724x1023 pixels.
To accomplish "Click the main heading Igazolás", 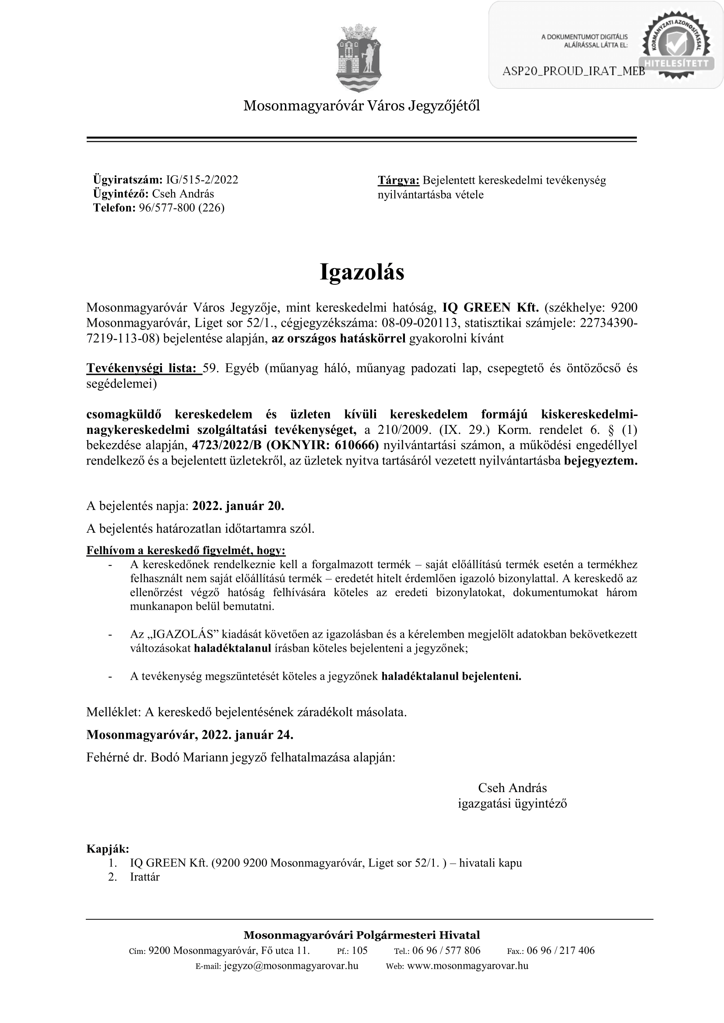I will point(362,272).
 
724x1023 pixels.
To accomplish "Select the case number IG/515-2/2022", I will point(202,180).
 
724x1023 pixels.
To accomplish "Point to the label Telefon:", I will point(114,208).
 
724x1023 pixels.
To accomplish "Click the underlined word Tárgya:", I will point(399,181).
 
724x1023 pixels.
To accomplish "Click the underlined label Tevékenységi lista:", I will point(144,368).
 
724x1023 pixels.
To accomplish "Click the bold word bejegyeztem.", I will point(601,461).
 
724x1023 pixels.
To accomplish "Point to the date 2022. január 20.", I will point(238,506).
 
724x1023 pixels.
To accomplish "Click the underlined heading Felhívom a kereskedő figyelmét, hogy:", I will point(186,551).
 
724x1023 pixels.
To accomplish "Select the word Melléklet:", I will point(114,712).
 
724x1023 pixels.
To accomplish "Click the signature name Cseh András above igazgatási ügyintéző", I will point(512,788).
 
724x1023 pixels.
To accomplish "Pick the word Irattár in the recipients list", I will point(145,877).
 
